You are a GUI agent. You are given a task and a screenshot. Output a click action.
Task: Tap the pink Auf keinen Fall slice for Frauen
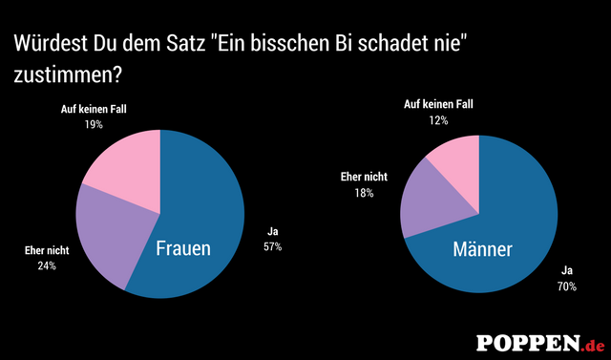[x=119, y=162]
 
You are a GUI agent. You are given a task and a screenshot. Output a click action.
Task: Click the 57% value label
[x=273, y=247]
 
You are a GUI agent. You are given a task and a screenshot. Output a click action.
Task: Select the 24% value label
[x=47, y=265]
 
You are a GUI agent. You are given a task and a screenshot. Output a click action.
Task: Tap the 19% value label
[x=93, y=125]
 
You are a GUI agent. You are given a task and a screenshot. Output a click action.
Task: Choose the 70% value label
[x=567, y=286]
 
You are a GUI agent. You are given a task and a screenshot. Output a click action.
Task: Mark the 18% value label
[x=364, y=192]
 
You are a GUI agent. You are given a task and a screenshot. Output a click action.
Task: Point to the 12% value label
[x=438, y=120]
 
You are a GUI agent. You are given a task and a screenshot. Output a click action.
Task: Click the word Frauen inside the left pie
[x=183, y=250]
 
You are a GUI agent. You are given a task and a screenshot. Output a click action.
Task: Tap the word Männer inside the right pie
[x=482, y=250]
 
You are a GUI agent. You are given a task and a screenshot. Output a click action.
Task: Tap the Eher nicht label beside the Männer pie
[x=364, y=177]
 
